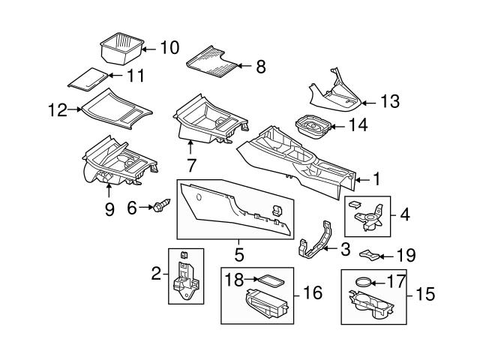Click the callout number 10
[x=169, y=48]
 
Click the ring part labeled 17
[x=362, y=283]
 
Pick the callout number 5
[x=239, y=254]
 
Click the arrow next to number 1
[x=361, y=179]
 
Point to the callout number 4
[x=405, y=214]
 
